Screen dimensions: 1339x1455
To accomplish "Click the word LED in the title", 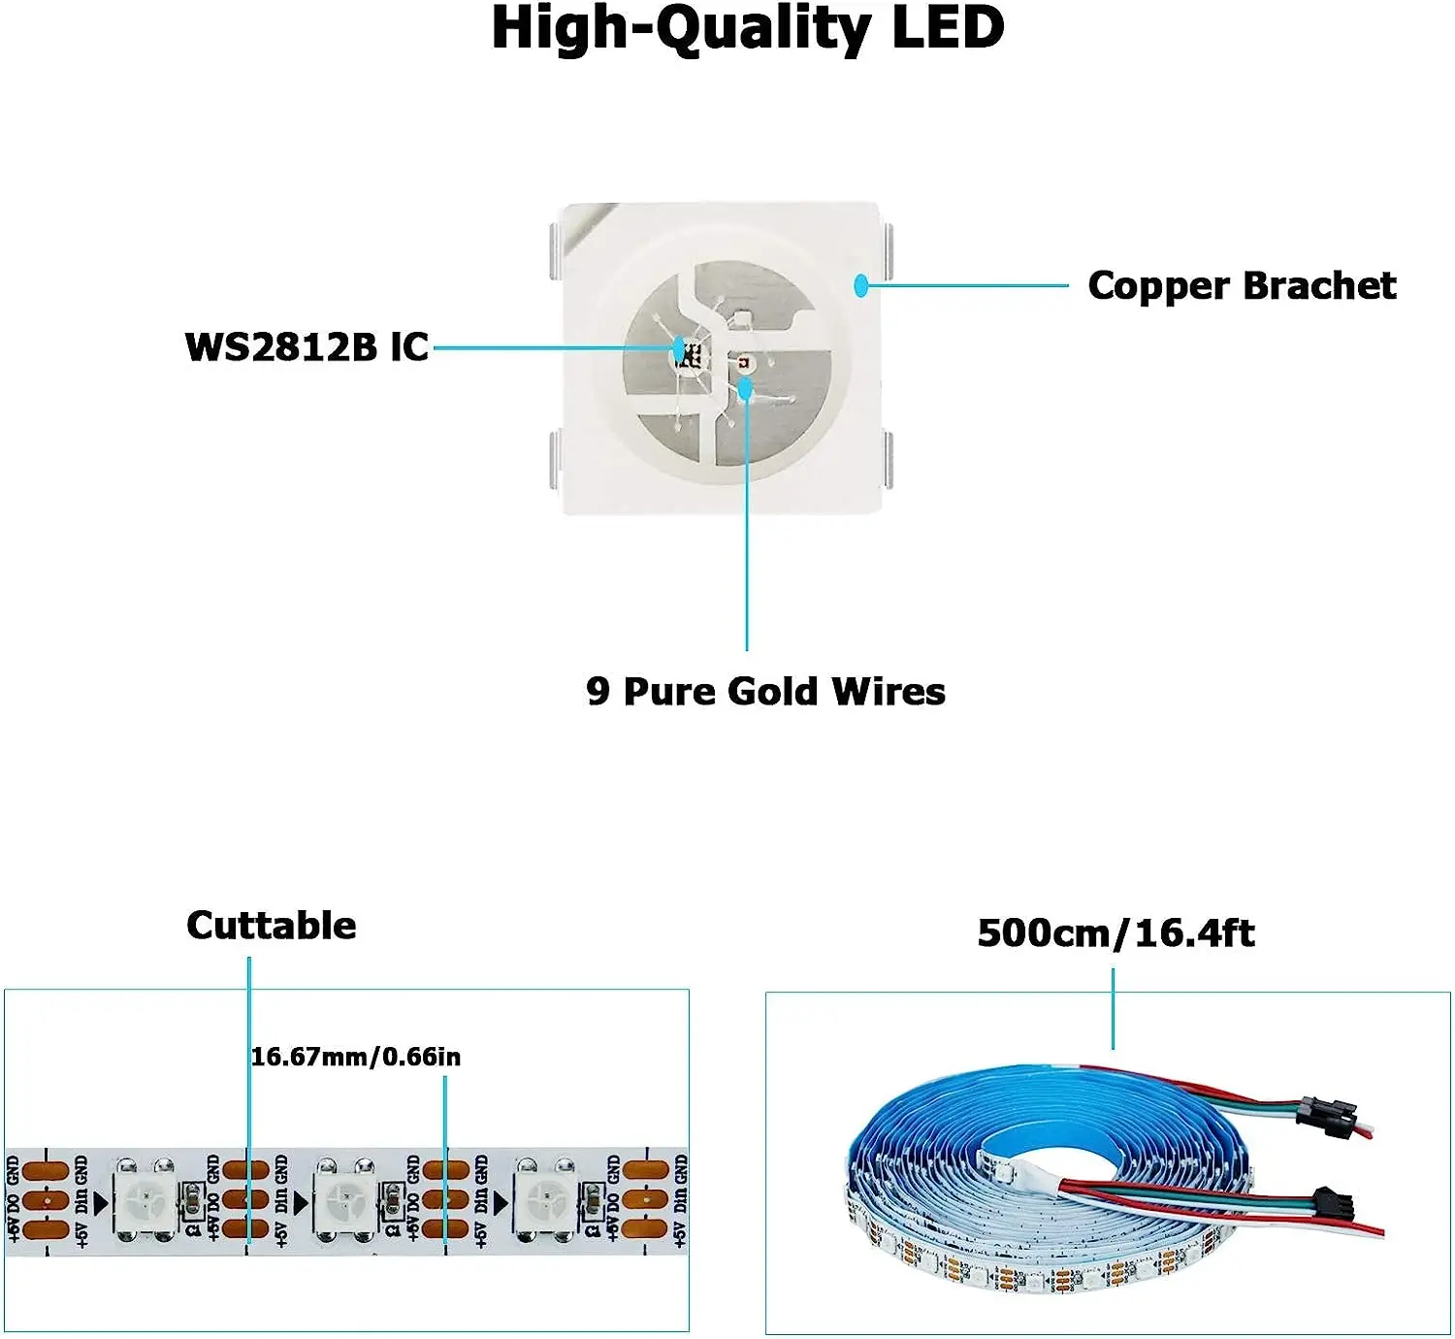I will pyautogui.click(x=948, y=27).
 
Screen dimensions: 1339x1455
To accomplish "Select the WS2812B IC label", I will pyautogui.click(x=307, y=346).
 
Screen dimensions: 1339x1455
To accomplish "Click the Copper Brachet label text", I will pyautogui.click(x=1242, y=285).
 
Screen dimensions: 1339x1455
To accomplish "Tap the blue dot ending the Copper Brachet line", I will pyautogui.click(x=860, y=285).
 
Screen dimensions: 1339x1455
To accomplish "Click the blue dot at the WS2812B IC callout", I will pyautogui.click(x=679, y=347).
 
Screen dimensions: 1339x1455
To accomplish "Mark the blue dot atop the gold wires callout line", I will pyautogui.click(x=746, y=389).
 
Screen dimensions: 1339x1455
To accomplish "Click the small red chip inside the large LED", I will pyautogui.click(x=745, y=363).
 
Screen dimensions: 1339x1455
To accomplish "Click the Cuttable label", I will pyautogui.click(x=272, y=926).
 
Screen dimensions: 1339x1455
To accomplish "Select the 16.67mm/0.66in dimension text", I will pyautogui.click(x=356, y=1057).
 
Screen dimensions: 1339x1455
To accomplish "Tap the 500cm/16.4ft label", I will pyautogui.click(x=1115, y=933).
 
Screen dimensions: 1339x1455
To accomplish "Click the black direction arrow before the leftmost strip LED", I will pyautogui.click(x=101, y=1204).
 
